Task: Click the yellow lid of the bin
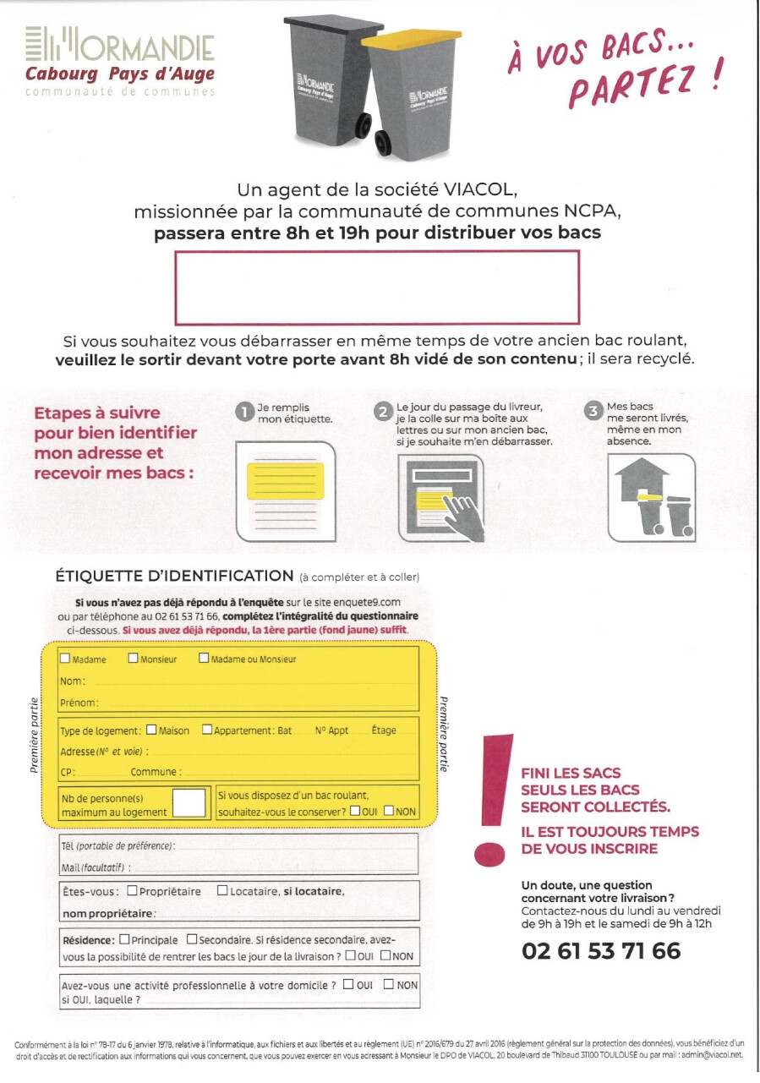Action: [404, 40]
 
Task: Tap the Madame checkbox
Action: [66, 659]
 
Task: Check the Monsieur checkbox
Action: [133, 659]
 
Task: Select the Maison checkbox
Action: [151, 730]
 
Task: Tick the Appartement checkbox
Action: [207, 730]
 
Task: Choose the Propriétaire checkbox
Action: [133, 890]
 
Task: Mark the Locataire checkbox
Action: [222, 890]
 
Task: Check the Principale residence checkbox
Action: [125, 938]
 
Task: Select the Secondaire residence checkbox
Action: [192, 938]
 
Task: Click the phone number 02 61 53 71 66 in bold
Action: [601, 951]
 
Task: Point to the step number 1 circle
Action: [244, 412]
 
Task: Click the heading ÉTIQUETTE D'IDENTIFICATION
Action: [173, 576]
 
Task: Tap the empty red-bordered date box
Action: [377, 287]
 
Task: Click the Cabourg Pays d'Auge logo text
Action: [119, 74]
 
